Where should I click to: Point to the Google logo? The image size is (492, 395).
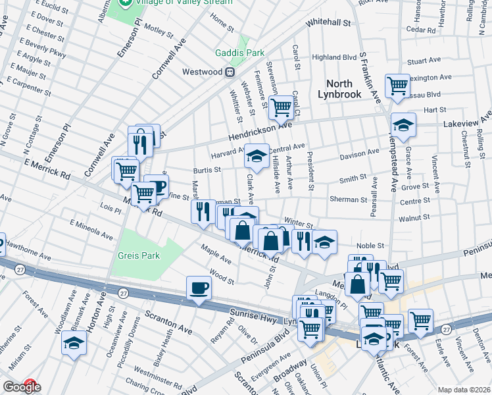click(21, 387)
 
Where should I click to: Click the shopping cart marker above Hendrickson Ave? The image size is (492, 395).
click(281, 107)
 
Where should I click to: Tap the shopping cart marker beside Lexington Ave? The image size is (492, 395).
click(397, 86)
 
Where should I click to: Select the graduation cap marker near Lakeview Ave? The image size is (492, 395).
click(403, 124)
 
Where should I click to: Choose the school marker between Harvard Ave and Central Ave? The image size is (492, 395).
click(257, 157)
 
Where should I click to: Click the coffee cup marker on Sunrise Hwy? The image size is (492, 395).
click(199, 288)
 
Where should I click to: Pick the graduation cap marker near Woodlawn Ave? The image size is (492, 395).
click(74, 343)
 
